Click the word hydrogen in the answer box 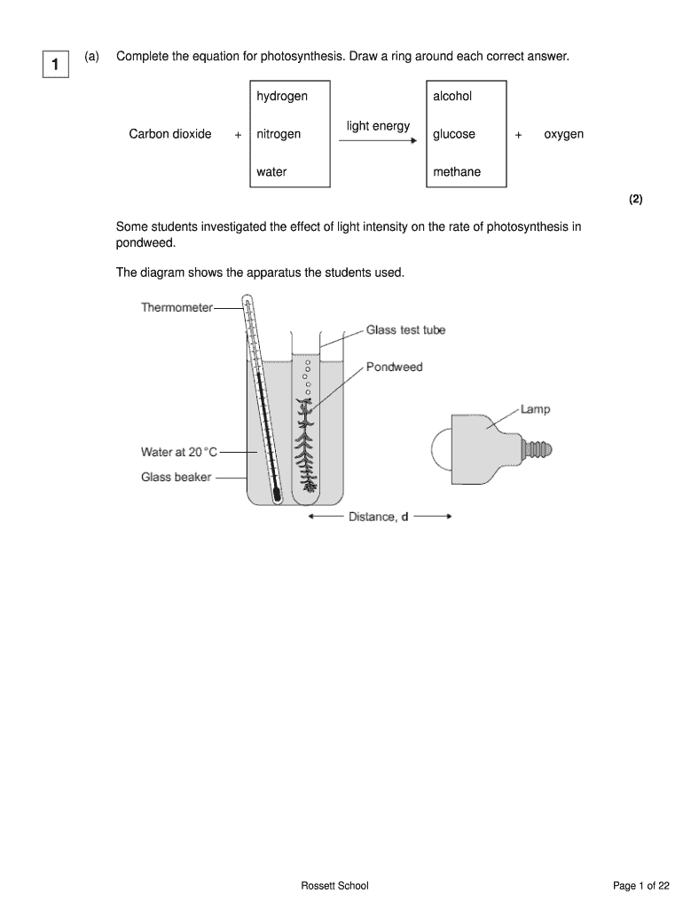pyautogui.click(x=282, y=96)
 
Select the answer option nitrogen pyautogui.click(x=279, y=134)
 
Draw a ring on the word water pyautogui.click(x=271, y=172)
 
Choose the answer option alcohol pyautogui.click(x=452, y=96)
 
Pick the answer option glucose pyautogui.click(x=454, y=134)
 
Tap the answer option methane pyautogui.click(x=457, y=172)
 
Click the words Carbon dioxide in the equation pyautogui.click(x=170, y=134)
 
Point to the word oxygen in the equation pyautogui.click(x=564, y=134)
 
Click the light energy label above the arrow pyautogui.click(x=379, y=126)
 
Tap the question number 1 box pyautogui.click(x=55, y=65)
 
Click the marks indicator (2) pyautogui.click(x=636, y=200)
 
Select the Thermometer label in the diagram pyautogui.click(x=177, y=308)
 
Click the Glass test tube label pyautogui.click(x=405, y=330)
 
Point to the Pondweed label pyautogui.click(x=395, y=367)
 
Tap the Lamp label pyautogui.click(x=535, y=409)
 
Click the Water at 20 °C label pyautogui.click(x=178, y=452)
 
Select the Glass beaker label pyautogui.click(x=177, y=478)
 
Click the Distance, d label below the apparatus pyautogui.click(x=379, y=517)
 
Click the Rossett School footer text pyautogui.click(x=334, y=886)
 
